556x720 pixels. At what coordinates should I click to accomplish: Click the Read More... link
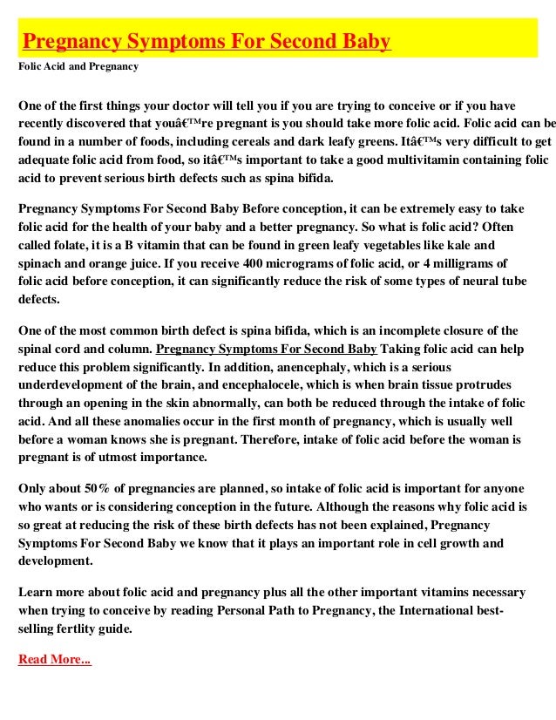pyautogui.click(x=55, y=659)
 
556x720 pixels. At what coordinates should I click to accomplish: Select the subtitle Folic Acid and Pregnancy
pyautogui.click(x=78, y=66)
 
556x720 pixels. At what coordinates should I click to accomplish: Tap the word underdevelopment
pyautogui.click(x=78, y=384)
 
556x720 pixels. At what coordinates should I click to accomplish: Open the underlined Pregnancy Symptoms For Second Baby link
pyautogui.click(x=267, y=350)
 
